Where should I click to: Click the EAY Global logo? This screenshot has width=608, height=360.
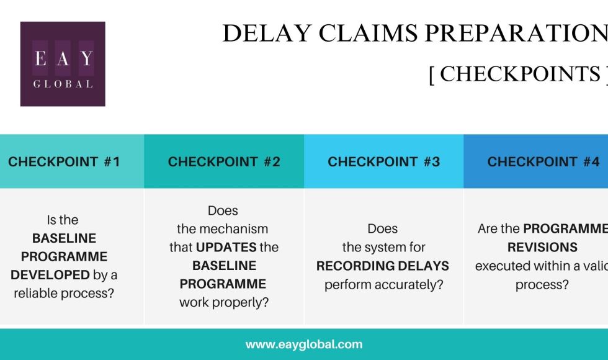tap(63, 64)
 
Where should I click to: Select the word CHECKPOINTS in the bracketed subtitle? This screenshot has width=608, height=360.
tap(520, 74)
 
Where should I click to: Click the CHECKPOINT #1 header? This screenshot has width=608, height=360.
tap(64, 162)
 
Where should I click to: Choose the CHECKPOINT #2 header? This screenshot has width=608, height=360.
tap(224, 162)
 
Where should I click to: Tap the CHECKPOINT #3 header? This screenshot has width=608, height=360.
tap(383, 162)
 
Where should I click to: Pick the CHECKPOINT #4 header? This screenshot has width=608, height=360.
tap(543, 162)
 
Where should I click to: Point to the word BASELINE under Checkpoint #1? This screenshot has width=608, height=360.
tap(64, 238)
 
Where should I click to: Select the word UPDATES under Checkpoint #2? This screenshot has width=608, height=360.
tap(226, 247)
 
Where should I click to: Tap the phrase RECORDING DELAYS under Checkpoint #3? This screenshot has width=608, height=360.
tap(383, 266)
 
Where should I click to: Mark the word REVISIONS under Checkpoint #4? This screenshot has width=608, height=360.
tap(542, 247)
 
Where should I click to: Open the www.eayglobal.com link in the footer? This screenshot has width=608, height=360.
tap(304, 344)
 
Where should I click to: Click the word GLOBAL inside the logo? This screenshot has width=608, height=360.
tap(63, 84)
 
